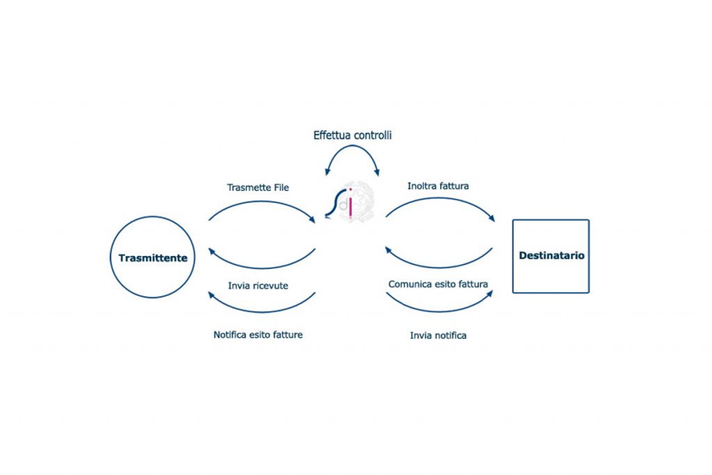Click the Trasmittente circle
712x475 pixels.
(153, 257)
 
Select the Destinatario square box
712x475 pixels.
(551, 256)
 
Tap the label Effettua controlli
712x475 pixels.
(352, 135)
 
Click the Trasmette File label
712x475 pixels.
(258, 187)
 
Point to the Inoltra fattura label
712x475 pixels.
(438, 186)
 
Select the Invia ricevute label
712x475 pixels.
(258, 285)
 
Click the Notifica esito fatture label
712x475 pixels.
(258, 335)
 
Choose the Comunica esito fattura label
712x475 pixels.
(438, 284)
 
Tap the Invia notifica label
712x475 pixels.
(438, 335)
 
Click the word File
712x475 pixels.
(280, 187)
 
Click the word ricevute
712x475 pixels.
(271, 285)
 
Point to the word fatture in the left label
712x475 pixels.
(286, 335)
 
